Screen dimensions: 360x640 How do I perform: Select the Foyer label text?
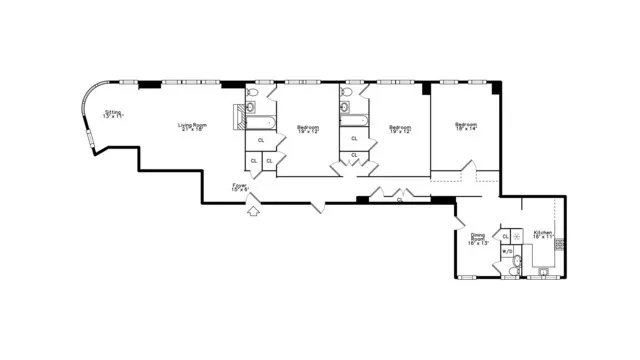pyautogui.click(x=240, y=184)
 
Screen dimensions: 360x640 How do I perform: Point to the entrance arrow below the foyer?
pyautogui.click(x=253, y=210)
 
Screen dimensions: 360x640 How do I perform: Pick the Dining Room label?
pyautogui.click(x=478, y=237)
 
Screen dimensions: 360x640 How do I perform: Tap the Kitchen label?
pyautogui.click(x=543, y=232)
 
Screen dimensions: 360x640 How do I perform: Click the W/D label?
pyautogui.click(x=507, y=251)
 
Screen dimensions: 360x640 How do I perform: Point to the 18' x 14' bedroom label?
pyautogui.click(x=466, y=128)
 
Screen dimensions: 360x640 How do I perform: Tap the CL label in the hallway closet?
pyautogui.click(x=400, y=200)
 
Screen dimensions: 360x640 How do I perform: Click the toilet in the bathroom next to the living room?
pyautogui.click(x=251, y=94)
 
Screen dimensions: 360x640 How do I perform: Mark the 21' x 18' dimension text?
pyautogui.click(x=192, y=130)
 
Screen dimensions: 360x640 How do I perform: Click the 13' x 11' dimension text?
pyautogui.click(x=113, y=117)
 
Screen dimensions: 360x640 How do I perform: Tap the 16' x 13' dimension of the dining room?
pyautogui.click(x=478, y=243)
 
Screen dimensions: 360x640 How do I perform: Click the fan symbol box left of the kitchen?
pyautogui.click(x=517, y=236)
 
